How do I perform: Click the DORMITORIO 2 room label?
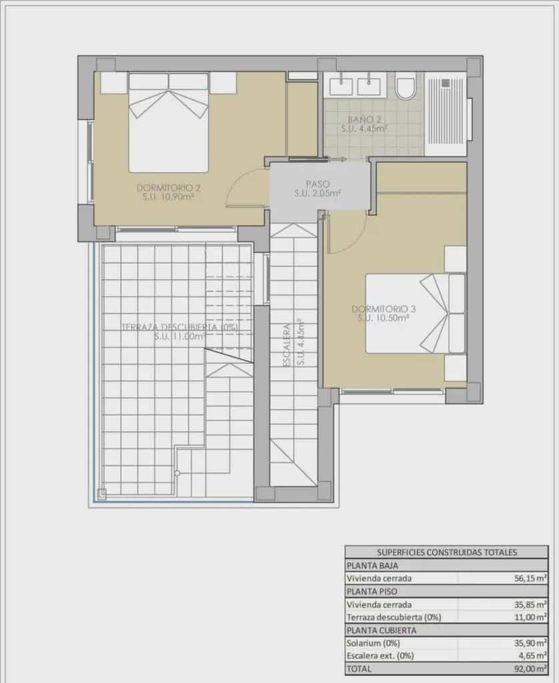pyautogui.click(x=169, y=187)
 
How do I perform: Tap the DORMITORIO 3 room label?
pyautogui.click(x=384, y=309)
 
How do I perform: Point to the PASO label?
pyautogui.click(x=318, y=183)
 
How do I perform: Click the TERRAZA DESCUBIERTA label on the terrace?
pyautogui.click(x=179, y=327)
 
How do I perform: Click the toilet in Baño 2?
pyautogui.click(x=405, y=87)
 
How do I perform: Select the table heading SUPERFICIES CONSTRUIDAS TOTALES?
pyautogui.click(x=447, y=552)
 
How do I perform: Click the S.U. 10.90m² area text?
pyautogui.click(x=169, y=197)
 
